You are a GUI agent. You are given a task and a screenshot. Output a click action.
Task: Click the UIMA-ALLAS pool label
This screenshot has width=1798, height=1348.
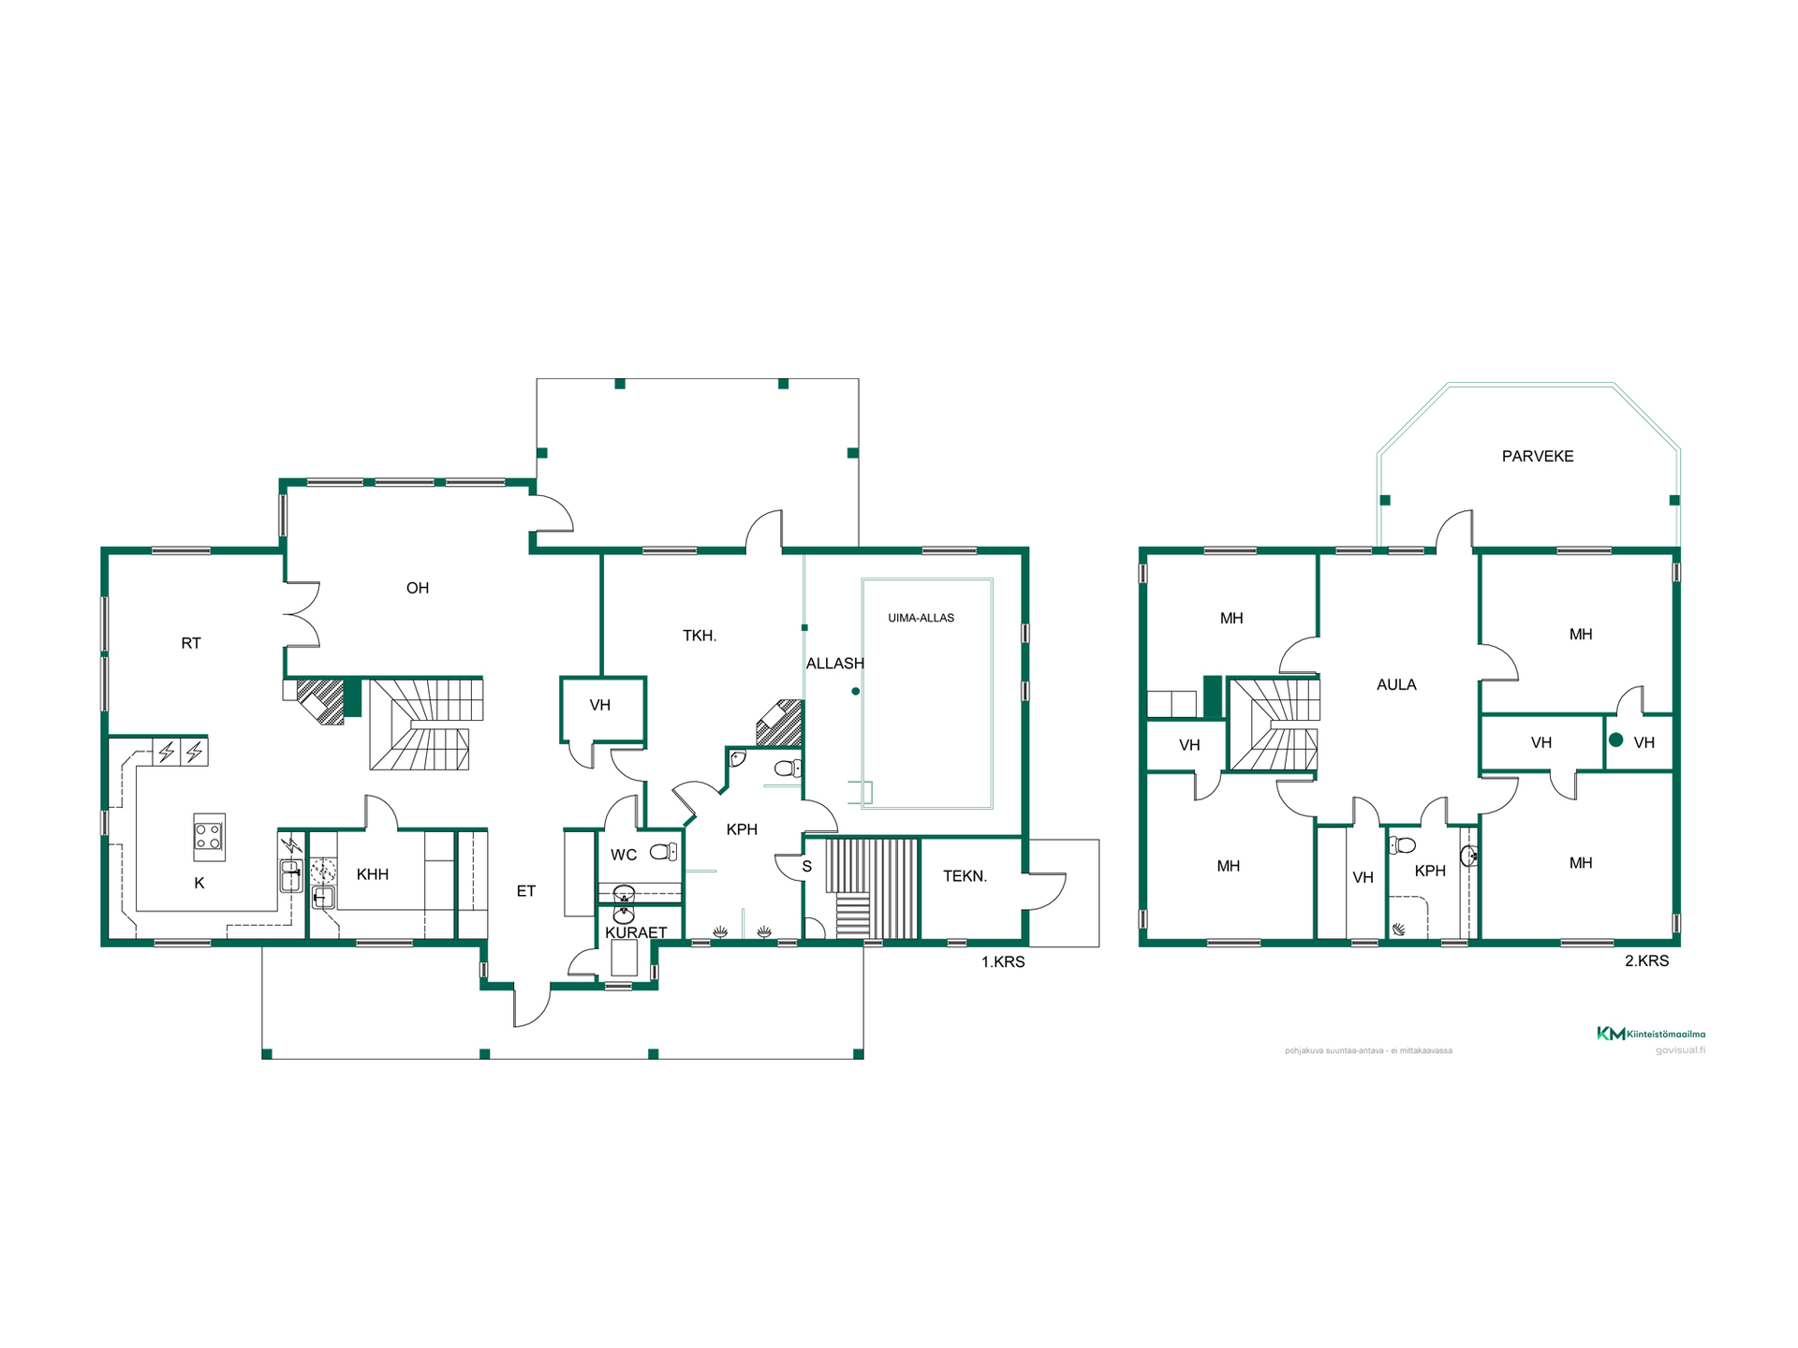click(x=921, y=618)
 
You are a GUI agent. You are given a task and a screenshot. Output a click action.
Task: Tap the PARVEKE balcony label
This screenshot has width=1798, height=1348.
click(x=1538, y=457)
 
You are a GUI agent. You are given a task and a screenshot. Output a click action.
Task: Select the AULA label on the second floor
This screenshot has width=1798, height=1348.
click(x=1396, y=685)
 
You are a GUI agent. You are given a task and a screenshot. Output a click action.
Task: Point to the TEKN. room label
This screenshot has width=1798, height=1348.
click(x=965, y=876)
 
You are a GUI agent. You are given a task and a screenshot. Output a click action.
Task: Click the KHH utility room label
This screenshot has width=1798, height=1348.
click(x=373, y=874)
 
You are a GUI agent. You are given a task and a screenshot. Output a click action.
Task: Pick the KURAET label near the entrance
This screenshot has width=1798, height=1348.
click(x=636, y=932)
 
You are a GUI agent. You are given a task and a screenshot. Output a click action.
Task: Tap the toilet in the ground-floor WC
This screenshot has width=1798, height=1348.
click(x=664, y=852)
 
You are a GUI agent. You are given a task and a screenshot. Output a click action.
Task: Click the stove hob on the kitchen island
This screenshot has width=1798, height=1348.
click(x=209, y=836)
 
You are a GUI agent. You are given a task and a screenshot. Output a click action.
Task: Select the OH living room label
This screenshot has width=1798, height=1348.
click(x=418, y=588)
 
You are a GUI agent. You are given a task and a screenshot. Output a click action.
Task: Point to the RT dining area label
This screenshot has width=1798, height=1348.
click(x=191, y=643)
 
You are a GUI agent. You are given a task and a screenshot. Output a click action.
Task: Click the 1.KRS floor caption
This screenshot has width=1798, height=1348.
click(x=1003, y=962)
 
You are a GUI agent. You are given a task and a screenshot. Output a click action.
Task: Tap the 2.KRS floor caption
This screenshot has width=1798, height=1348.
click(x=1646, y=961)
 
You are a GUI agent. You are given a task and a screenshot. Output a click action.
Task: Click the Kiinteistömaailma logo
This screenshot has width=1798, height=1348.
click(x=1651, y=1033)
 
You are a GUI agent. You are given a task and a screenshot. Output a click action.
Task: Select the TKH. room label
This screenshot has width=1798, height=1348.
click(x=700, y=636)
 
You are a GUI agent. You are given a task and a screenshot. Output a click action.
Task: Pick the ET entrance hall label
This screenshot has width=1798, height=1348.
click(x=526, y=891)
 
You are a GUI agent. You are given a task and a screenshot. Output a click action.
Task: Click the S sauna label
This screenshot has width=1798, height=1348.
click(x=806, y=867)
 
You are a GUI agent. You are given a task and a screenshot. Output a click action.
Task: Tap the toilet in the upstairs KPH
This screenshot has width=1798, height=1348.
click(x=1402, y=845)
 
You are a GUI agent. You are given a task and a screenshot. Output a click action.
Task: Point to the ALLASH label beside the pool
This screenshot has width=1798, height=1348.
click(x=834, y=664)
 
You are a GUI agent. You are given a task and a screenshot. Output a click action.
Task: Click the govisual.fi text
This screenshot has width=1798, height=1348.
click(x=1680, y=1050)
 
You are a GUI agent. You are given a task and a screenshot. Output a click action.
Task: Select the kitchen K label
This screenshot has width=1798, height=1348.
click(x=199, y=883)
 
